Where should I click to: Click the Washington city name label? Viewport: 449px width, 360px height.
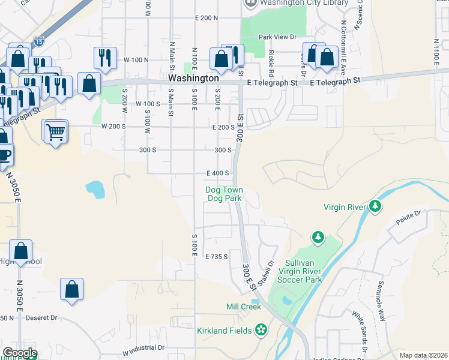pos(193,78)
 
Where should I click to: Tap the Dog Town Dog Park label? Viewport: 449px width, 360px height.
pos(224,194)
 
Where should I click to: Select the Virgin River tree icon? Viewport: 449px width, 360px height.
pos(375,207)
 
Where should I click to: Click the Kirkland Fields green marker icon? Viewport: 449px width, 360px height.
pos(261,329)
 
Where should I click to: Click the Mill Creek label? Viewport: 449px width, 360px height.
pos(243,307)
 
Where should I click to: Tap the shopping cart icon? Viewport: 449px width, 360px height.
pos(55,131)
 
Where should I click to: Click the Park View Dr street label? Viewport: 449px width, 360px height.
pos(277,37)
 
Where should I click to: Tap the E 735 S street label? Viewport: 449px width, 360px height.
pos(217,256)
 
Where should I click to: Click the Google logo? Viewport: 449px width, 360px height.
pos(20,353)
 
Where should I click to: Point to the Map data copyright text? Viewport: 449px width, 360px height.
pos(423,355)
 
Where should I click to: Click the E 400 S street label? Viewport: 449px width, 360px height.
pos(217,173)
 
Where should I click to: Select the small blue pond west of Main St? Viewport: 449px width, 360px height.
pos(95,189)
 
